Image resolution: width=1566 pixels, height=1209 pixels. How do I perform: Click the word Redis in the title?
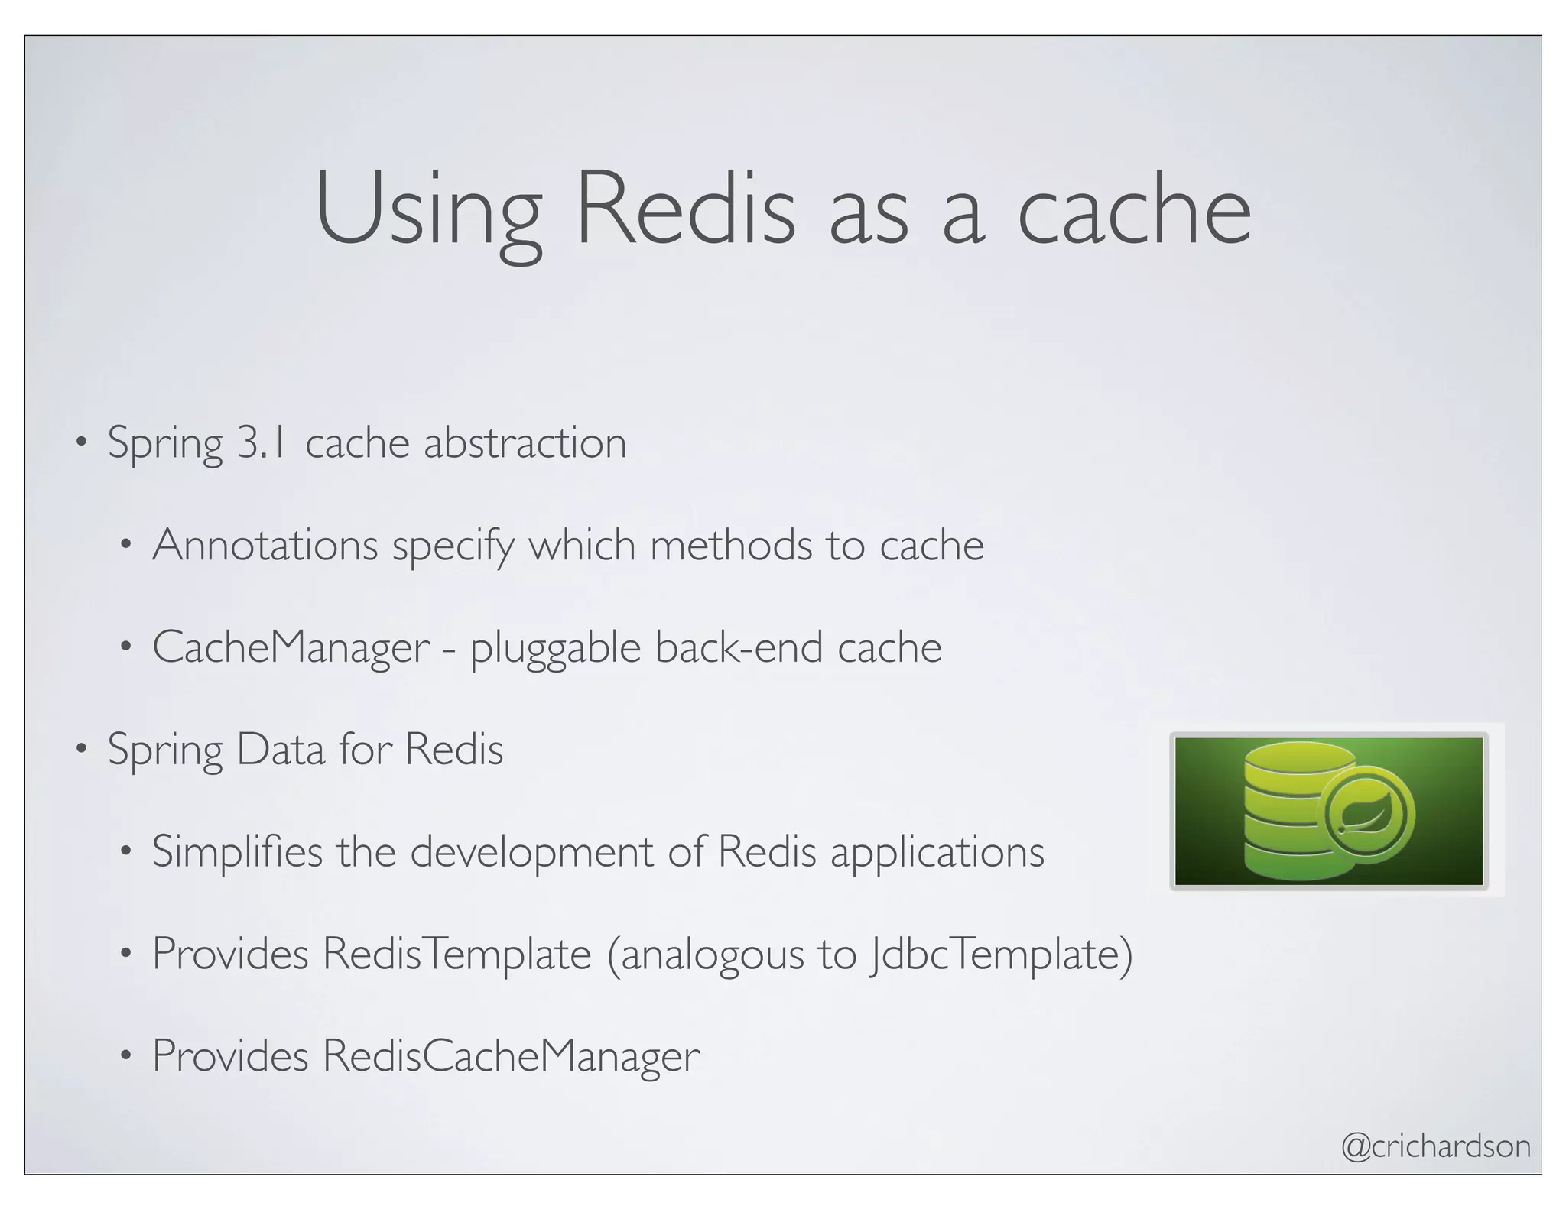tap(685, 209)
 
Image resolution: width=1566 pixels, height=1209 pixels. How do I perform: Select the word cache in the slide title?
tap(1133, 209)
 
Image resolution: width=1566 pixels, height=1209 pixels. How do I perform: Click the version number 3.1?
tap(262, 442)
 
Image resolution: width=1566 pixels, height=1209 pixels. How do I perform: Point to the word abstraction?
tap(525, 442)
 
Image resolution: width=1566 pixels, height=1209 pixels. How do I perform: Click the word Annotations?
tap(265, 545)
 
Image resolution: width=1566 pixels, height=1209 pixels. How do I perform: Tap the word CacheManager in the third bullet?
tap(291, 647)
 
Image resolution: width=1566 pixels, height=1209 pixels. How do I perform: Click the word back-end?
tap(739, 647)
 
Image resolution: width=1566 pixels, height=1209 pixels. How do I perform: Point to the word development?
tap(531, 853)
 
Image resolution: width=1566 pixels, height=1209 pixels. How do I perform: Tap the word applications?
tap(937, 853)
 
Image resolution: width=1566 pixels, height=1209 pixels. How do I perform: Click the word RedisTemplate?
tap(456, 954)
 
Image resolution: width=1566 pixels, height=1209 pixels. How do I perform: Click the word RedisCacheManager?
tap(510, 1056)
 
